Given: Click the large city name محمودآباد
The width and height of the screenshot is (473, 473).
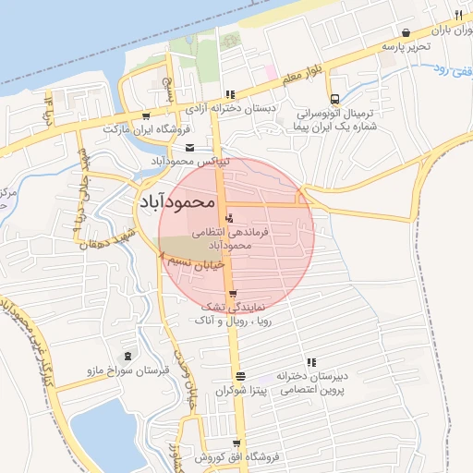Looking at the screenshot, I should tap(176, 200).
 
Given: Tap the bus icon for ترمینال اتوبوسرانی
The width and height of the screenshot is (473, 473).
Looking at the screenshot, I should tap(334, 99).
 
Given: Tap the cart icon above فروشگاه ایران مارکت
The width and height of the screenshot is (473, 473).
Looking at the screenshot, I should tap(146, 116).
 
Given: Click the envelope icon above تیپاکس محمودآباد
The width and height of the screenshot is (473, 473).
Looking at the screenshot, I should tap(189, 149).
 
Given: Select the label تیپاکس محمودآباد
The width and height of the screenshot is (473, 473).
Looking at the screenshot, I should tap(189, 161).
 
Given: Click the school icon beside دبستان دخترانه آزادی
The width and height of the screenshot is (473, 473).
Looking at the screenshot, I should tap(230, 94).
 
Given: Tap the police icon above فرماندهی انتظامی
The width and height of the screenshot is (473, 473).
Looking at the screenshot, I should tap(230, 218).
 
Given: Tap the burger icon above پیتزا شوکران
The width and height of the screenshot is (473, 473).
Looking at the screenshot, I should tap(240, 376).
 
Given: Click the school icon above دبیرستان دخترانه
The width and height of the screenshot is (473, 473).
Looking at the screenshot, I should tap(311, 362).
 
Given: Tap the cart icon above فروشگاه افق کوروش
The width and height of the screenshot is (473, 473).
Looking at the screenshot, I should tap(236, 443).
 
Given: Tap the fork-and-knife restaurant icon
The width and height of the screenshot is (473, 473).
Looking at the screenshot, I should tap(458, 16).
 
